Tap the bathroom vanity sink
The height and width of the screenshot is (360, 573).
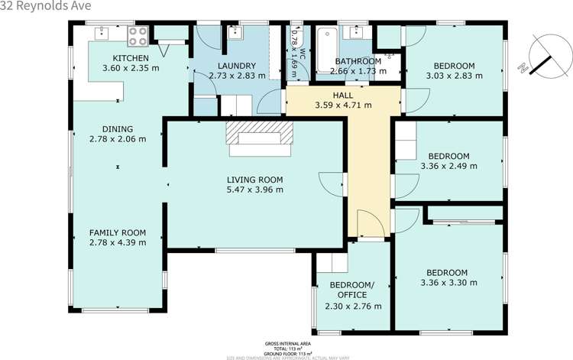point(354,32)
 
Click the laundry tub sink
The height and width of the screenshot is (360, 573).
point(237,32)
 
